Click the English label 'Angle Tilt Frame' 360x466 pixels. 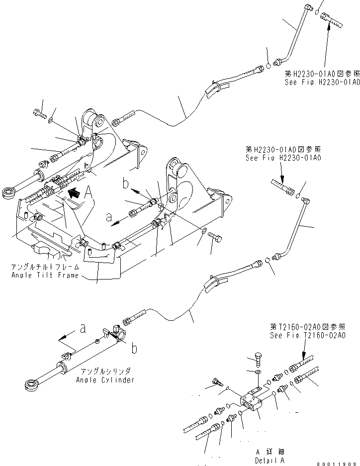45,276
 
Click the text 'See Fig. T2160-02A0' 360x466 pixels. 308,335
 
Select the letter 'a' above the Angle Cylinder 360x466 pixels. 83,328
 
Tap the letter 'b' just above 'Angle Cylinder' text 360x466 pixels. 134,349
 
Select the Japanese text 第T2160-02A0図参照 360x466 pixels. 308,327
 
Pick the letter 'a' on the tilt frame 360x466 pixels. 108,217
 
